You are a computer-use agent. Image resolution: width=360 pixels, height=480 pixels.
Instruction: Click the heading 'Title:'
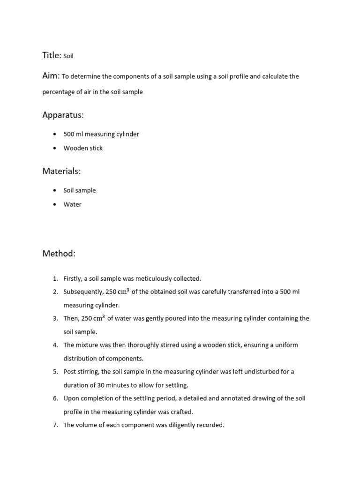52,55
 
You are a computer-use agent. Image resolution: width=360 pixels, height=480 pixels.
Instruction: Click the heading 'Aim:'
51,76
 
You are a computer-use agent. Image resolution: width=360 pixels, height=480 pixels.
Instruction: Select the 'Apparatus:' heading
63,115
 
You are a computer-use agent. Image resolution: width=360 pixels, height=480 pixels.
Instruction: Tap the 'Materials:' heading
61,171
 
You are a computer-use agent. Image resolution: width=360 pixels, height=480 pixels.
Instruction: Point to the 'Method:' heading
59,254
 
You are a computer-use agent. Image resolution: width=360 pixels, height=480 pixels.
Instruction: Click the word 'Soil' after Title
68,56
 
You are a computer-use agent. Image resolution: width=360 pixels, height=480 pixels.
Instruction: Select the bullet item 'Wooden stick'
83,148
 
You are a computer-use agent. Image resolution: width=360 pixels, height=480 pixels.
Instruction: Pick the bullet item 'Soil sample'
80,190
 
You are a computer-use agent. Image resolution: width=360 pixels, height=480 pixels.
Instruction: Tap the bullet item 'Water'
73,204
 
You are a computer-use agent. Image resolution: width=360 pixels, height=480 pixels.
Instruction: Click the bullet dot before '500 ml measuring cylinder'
55,134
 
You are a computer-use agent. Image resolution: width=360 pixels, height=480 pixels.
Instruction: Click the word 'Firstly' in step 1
73,278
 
